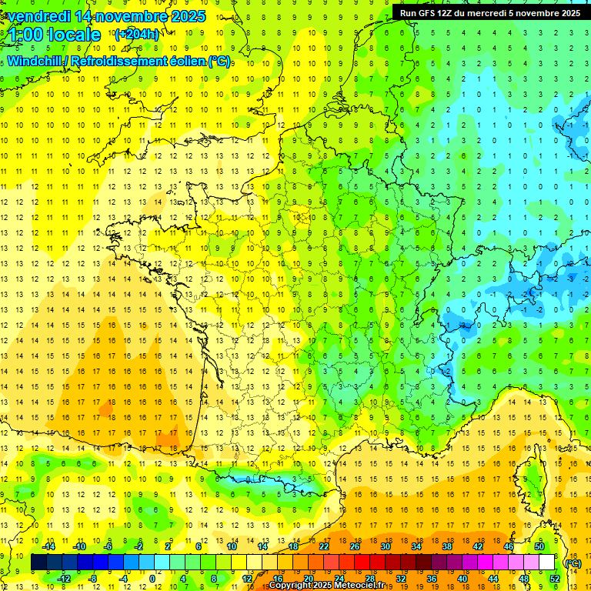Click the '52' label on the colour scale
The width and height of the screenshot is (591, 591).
[x=554, y=579]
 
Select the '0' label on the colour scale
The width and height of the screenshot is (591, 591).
[x=152, y=579]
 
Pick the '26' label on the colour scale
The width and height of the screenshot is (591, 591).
[x=354, y=546]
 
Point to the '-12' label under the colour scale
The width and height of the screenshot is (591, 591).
[x=64, y=579]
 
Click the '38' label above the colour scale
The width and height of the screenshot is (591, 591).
[x=446, y=546]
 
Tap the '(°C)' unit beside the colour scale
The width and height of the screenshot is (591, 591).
[x=573, y=563]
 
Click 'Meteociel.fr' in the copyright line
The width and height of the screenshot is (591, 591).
[x=359, y=586]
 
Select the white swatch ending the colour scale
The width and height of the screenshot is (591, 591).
[x=546, y=563]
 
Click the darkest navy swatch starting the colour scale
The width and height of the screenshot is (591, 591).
[x=38, y=563]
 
